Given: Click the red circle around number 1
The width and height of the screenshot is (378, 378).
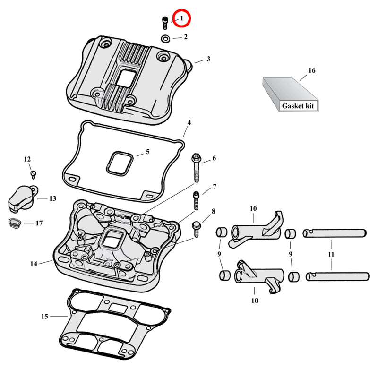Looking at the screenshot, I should [180, 18].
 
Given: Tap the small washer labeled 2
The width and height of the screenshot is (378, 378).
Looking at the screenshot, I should [165, 38].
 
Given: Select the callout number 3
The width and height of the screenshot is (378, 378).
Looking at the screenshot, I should [208, 59].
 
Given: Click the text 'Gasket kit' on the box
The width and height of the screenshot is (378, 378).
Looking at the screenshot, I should [298, 106].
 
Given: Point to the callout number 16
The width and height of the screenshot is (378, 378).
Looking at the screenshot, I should [311, 71].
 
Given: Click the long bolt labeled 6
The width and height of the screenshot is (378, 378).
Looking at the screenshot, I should [196, 168].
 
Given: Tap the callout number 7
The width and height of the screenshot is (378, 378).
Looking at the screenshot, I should [214, 187].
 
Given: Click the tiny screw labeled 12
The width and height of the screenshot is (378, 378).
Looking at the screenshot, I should [33, 174].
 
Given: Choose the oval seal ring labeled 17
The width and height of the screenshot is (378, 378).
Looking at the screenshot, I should [15, 223].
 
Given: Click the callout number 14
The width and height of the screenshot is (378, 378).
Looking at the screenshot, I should [34, 264].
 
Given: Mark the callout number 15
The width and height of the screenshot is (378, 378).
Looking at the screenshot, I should [45, 316].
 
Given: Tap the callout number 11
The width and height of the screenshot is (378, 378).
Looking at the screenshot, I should [331, 255].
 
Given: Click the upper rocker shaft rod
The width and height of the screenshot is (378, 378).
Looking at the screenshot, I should [335, 232].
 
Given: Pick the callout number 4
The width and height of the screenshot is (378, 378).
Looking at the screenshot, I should [189, 123].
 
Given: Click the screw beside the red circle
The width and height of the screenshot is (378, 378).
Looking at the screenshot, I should [164, 22].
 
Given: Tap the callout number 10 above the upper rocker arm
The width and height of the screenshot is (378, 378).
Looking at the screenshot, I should [253, 208].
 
